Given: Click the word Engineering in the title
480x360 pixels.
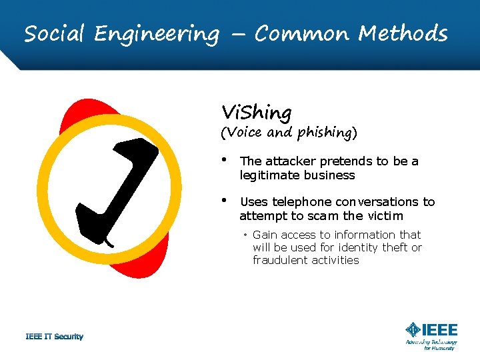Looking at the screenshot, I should [157, 33].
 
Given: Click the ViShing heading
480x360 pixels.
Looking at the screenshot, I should [256, 112].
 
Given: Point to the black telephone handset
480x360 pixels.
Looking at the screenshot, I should [117, 187].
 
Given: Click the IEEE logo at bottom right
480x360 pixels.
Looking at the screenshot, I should [431, 330].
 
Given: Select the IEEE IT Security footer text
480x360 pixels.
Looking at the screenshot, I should [54, 337].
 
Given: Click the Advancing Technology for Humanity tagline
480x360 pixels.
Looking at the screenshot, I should [431, 344].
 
